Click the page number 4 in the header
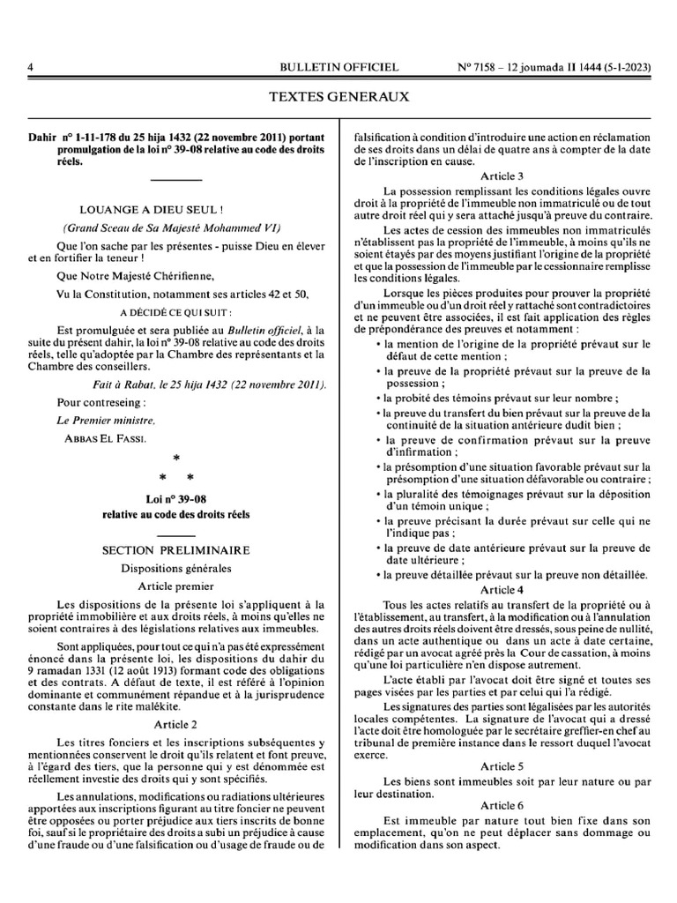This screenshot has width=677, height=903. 30,67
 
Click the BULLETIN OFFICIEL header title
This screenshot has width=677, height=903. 338,67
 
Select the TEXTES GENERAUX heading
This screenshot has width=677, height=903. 338,97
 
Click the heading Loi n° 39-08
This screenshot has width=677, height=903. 175,498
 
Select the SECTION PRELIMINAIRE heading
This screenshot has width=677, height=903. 175,550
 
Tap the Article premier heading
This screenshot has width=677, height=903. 175,585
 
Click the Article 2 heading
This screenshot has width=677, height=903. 175,724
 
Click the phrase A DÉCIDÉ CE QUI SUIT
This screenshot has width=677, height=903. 175,312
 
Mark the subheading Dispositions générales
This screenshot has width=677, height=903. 175,567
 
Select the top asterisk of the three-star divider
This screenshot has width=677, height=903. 175,459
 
